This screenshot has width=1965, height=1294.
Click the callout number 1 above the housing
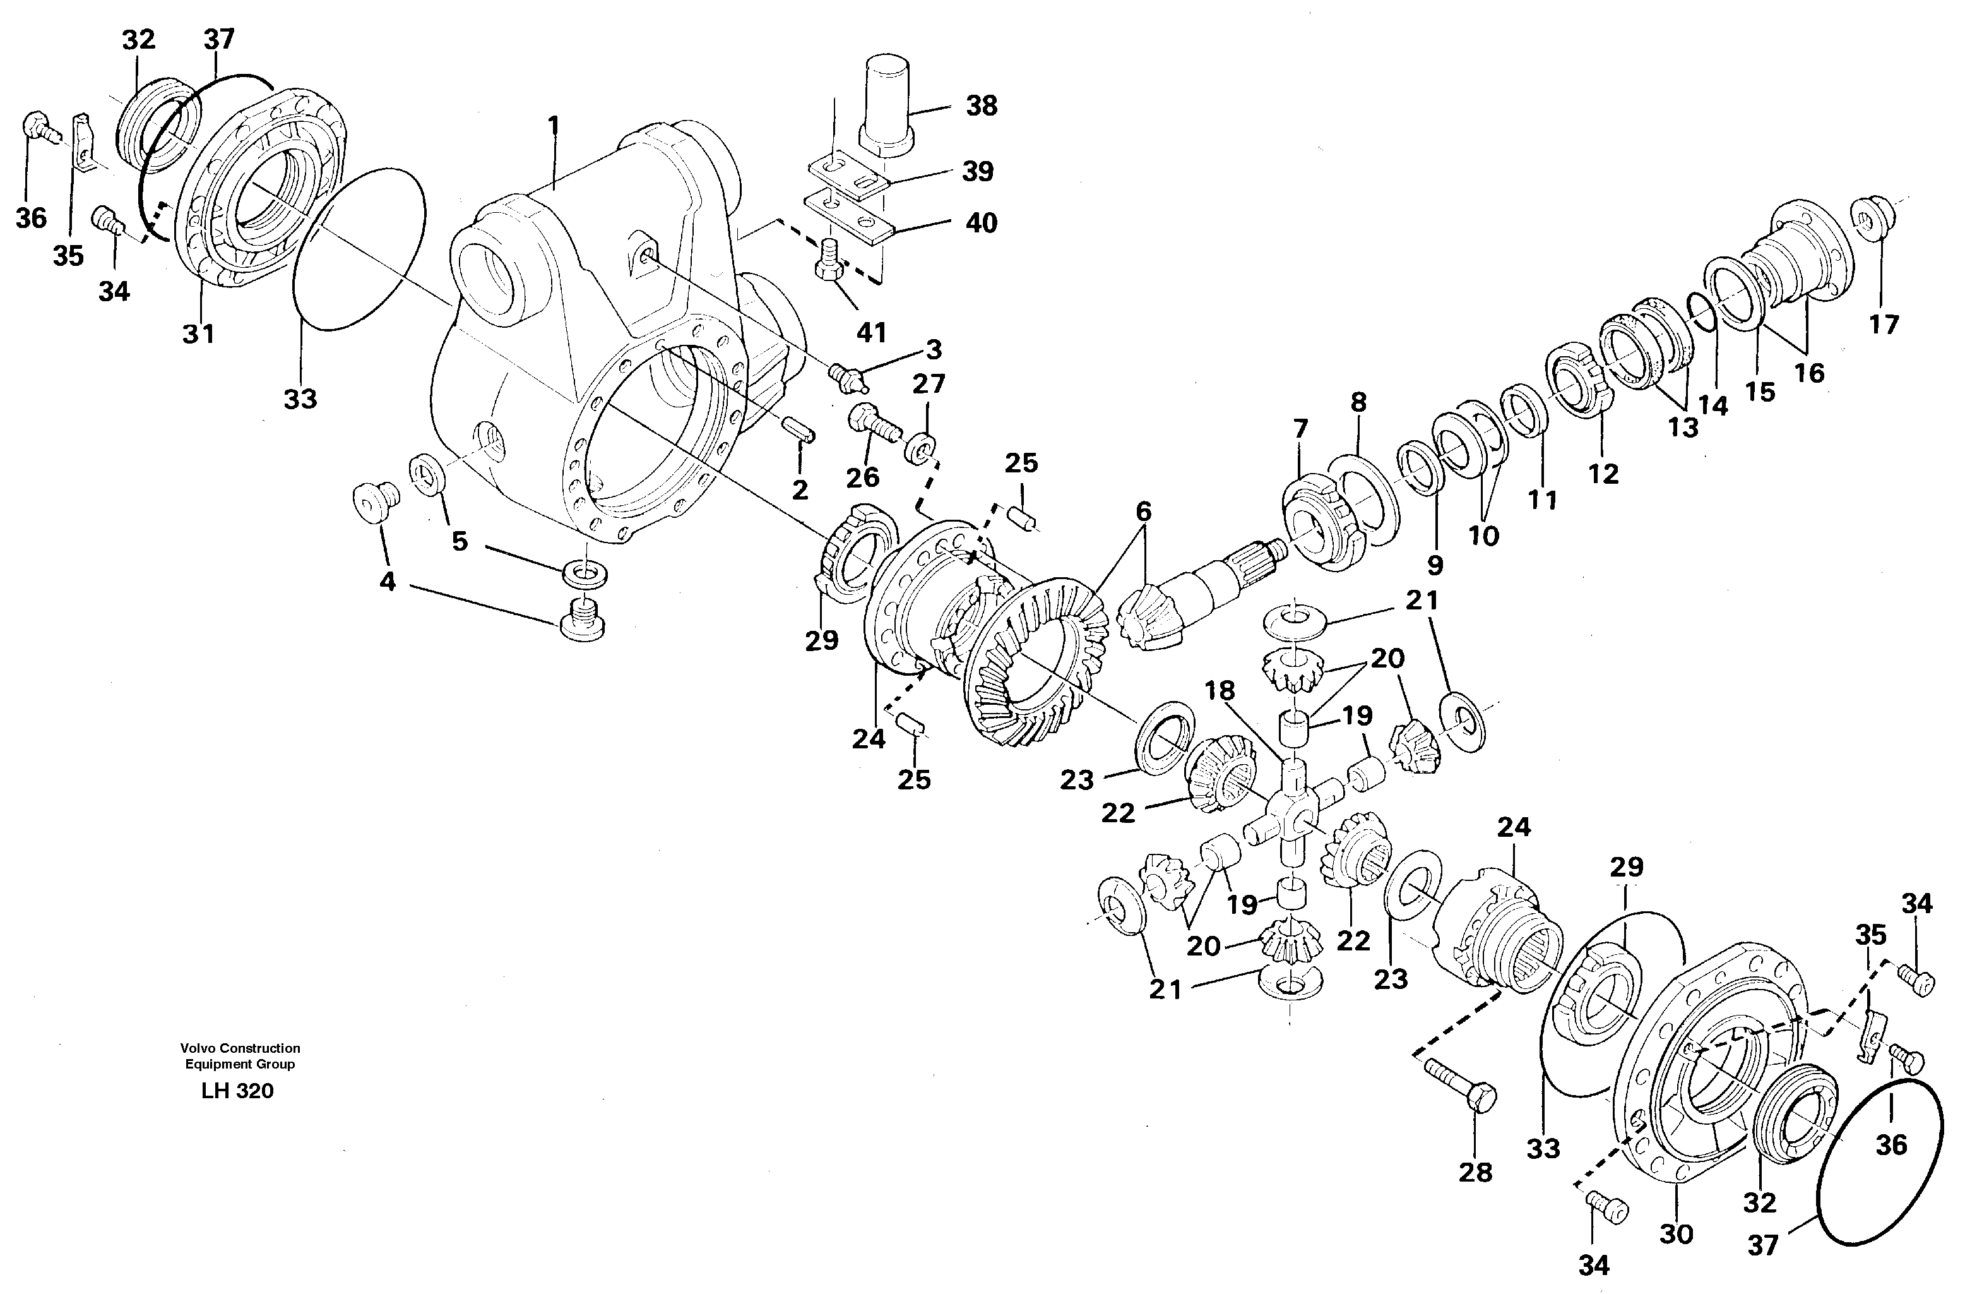pyautogui.click(x=553, y=126)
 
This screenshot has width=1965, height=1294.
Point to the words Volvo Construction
pyautogui.click(x=240, y=1048)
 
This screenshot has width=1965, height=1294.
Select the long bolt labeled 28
pyautogui.click(x=1460, y=1087)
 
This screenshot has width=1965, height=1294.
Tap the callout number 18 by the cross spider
pyautogui.click(x=1219, y=690)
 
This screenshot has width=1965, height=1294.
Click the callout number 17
pyautogui.click(x=1884, y=324)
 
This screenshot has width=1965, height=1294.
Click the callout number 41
pyautogui.click(x=871, y=332)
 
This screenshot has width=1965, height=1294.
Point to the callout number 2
pyautogui.click(x=799, y=489)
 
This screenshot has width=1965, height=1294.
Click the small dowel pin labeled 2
pyautogui.click(x=800, y=429)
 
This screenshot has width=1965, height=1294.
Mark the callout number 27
pyautogui.click(x=929, y=384)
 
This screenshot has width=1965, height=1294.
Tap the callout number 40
pyautogui.click(x=981, y=222)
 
